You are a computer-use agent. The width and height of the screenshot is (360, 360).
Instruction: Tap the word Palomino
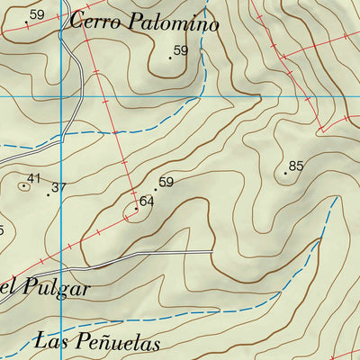point(173,24)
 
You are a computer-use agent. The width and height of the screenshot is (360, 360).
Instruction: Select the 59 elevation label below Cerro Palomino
point(181,51)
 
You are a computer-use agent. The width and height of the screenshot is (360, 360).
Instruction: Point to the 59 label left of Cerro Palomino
point(37,14)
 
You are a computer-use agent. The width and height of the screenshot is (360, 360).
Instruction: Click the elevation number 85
point(296,165)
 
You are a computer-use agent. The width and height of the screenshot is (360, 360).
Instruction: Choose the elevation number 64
point(147,202)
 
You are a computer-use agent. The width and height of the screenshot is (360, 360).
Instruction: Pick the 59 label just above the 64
point(166,183)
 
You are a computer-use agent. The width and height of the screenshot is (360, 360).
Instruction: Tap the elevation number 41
point(34,179)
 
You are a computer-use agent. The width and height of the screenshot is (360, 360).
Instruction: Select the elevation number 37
point(59,187)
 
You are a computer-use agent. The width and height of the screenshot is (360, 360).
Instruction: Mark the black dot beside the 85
point(285,172)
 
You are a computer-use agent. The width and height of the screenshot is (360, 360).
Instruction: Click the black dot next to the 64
point(136,209)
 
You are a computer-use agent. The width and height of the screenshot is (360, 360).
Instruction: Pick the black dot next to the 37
point(48,194)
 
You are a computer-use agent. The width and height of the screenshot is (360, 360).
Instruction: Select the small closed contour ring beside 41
point(22,185)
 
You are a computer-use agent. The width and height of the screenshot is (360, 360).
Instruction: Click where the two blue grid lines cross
point(60,94)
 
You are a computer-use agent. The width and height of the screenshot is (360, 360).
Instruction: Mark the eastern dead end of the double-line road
point(212,252)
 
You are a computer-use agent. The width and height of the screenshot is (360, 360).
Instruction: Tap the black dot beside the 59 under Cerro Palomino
point(170,58)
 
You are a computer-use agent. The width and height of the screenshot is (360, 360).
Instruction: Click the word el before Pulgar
point(9,289)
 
